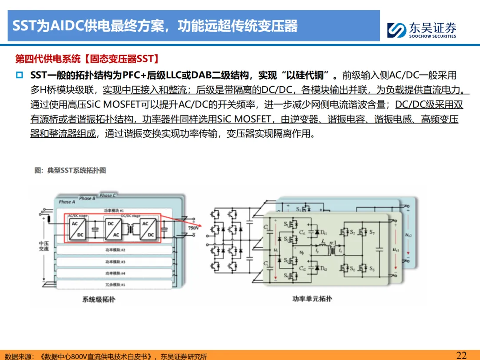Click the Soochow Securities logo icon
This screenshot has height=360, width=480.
[396, 30]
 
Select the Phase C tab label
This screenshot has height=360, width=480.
[108, 195]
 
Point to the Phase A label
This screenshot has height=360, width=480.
[67, 202]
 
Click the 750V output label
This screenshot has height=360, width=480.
[193, 228]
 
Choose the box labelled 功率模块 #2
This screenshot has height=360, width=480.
[116, 250]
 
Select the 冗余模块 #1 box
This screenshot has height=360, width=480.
[116, 284]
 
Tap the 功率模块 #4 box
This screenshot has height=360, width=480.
[116, 273]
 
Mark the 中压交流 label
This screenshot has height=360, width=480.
[44, 246]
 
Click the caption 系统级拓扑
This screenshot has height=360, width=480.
[99, 300]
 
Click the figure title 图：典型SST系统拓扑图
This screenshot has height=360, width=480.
[70, 170]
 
